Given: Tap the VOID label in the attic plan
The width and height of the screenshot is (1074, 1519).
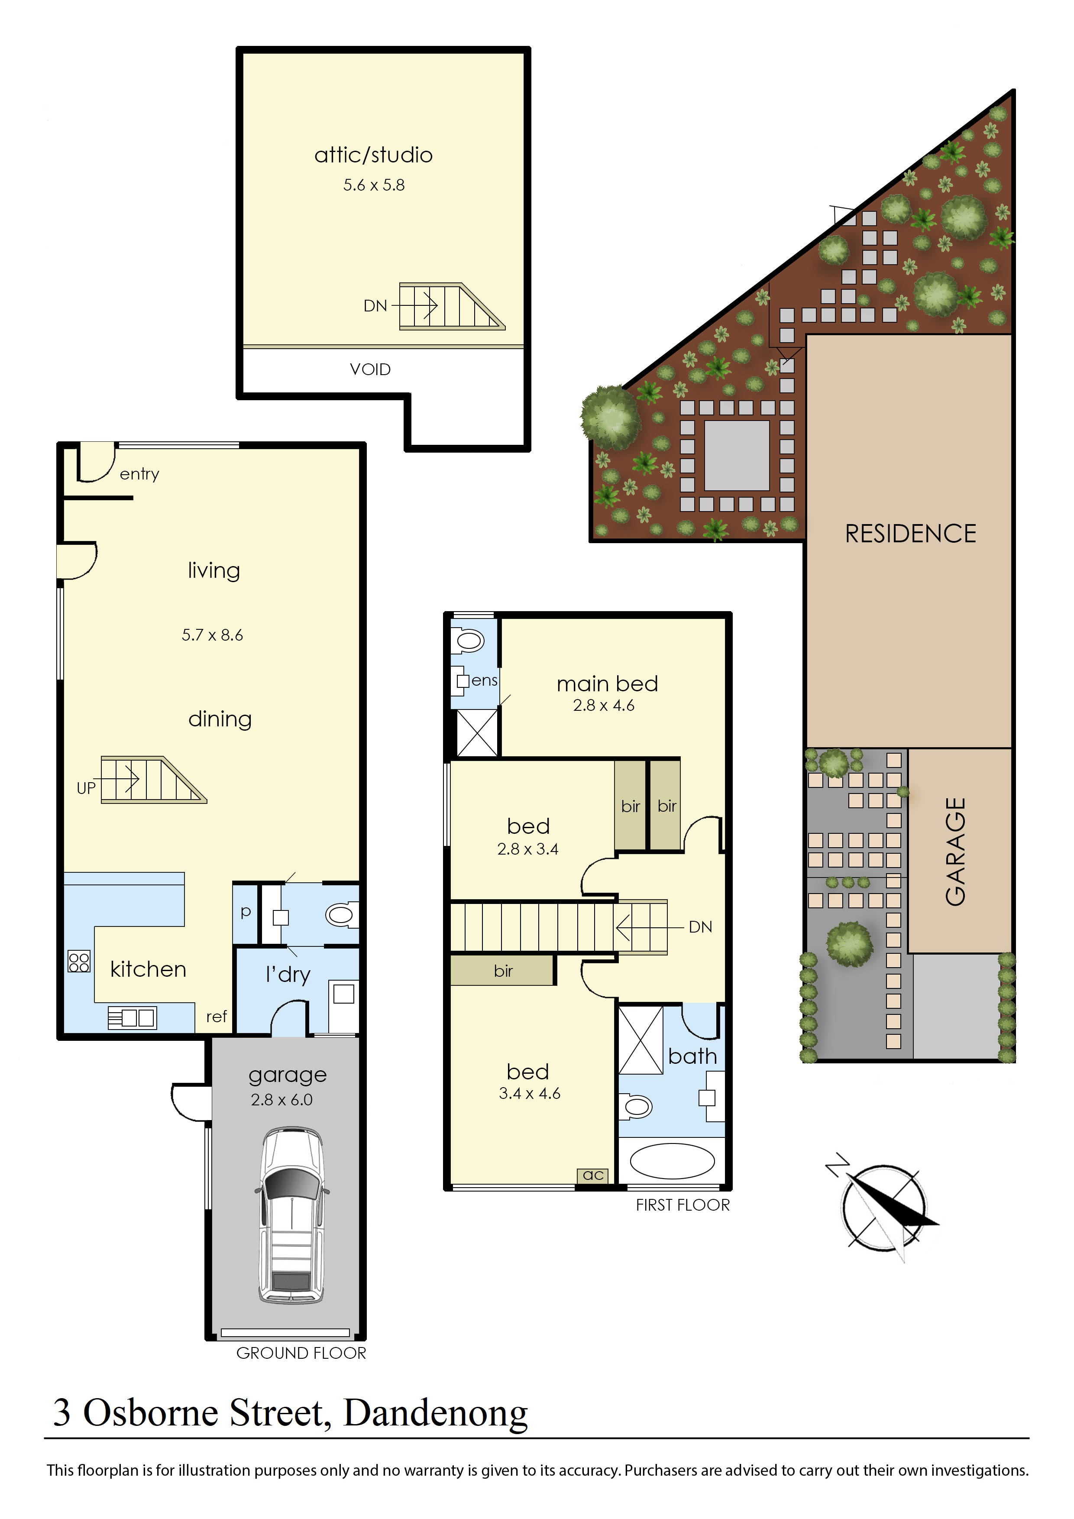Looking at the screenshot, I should (x=370, y=369).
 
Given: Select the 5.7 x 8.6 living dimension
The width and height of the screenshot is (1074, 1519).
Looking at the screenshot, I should (x=212, y=635).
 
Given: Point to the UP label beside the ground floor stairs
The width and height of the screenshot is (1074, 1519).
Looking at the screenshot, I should (x=86, y=788).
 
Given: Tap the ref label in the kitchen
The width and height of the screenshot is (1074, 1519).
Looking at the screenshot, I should (x=216, y=1016).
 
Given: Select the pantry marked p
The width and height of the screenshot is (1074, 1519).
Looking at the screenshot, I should (x=246, y=912).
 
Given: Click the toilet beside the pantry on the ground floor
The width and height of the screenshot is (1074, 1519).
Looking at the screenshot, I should (x=341, y=915).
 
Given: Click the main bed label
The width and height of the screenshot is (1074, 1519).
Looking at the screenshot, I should (x=607, y=683).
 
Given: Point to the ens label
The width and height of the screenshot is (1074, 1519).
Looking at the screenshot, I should (x=484, y=680).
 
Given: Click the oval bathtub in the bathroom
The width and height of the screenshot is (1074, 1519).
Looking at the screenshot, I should (x=672, y=1161).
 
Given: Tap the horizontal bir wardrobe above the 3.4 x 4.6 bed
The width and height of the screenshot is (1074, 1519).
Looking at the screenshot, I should (x=503, y=971).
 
